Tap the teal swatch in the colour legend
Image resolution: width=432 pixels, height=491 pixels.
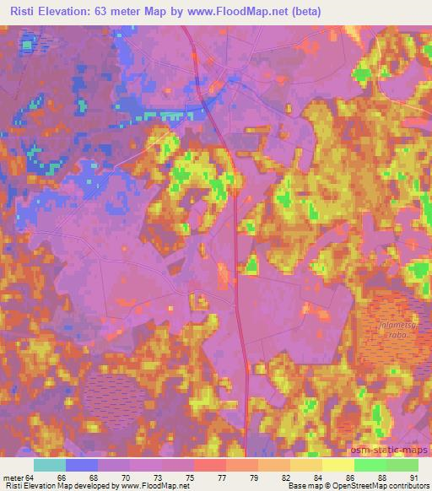tap(50, 465)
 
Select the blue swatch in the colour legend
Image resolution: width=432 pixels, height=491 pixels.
tap(82, 465)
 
